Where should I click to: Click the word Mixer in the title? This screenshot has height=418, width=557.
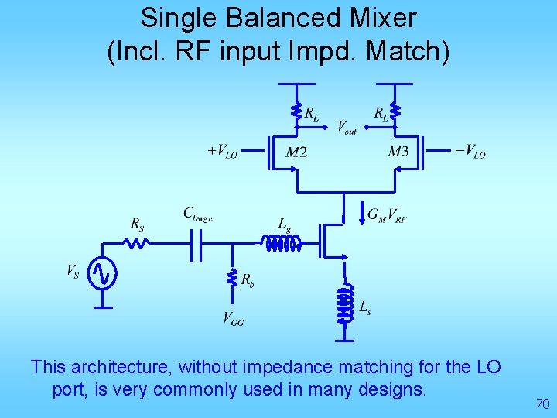[374, 17]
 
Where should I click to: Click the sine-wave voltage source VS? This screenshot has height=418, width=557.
[102, 272]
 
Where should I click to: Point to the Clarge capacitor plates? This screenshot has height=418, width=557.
[196, 243]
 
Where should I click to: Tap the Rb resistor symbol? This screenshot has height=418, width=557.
[231, 279]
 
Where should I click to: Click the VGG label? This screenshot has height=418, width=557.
[233, 317]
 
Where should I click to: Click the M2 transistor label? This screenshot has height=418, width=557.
[296, 152]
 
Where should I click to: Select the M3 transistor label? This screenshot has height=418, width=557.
[398, 152]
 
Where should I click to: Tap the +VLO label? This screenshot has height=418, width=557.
[222, 150]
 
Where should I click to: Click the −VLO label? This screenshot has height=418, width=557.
[470, 152]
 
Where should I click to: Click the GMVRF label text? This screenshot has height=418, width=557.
[388, 215]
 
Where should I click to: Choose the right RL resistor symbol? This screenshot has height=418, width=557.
[395, 112]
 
